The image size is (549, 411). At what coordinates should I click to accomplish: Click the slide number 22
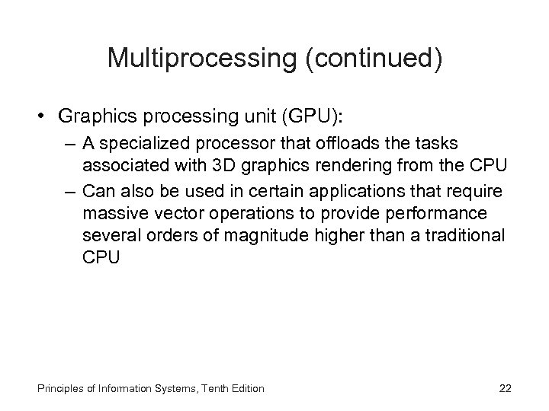(505, 389)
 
